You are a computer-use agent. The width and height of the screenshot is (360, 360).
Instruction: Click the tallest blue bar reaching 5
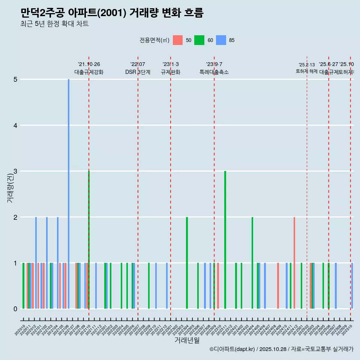click(69, 194)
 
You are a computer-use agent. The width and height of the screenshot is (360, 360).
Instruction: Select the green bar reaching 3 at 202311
click(225, 240)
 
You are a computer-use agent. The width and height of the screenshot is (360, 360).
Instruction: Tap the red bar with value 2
click(294, 262)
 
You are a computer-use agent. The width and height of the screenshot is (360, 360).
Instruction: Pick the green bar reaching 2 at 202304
click(187, 262)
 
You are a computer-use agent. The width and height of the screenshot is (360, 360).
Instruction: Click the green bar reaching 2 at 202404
click(252, 262)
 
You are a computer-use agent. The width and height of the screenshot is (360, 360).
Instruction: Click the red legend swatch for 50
click(178, 40)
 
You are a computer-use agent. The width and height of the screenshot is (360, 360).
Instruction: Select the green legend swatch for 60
click(199, 40)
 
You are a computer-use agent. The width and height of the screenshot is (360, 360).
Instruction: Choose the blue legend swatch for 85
click(221, 40)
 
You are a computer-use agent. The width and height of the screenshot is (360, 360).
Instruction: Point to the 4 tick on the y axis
click(15, 125)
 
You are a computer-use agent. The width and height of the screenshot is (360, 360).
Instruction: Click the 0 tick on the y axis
click(15, 309)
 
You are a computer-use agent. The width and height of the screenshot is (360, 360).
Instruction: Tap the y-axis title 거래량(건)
click(10, 187)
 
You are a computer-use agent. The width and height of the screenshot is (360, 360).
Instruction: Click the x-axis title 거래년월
click(187, 340)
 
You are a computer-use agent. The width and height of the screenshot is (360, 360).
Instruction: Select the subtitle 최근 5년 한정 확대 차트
click(54, 24)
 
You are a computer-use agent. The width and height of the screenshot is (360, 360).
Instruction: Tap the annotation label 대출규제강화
click(89, 72)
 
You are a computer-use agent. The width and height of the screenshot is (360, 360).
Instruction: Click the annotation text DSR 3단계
click(138, 72)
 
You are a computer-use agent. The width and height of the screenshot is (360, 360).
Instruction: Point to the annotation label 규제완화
click(171, 72)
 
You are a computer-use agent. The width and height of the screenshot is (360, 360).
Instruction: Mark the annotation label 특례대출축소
click(214, 72)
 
